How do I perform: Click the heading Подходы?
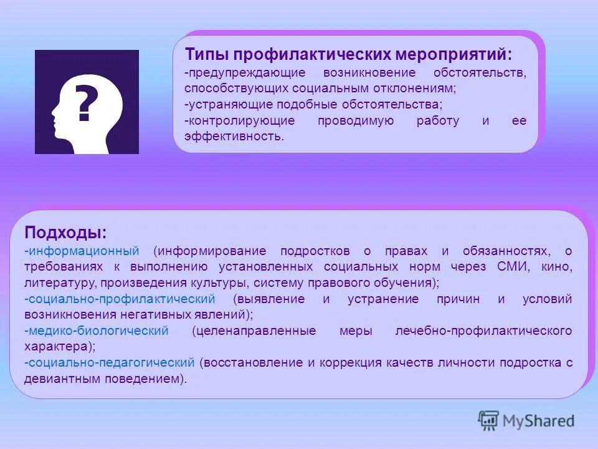click(65, 233)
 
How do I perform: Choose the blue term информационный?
click(83, 251)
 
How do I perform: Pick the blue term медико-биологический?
click(98, 331)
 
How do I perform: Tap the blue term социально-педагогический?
click(112, 362)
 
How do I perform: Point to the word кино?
click(558, 267)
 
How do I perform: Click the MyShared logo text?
click(539, 421)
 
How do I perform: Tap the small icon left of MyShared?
click(489, 420)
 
